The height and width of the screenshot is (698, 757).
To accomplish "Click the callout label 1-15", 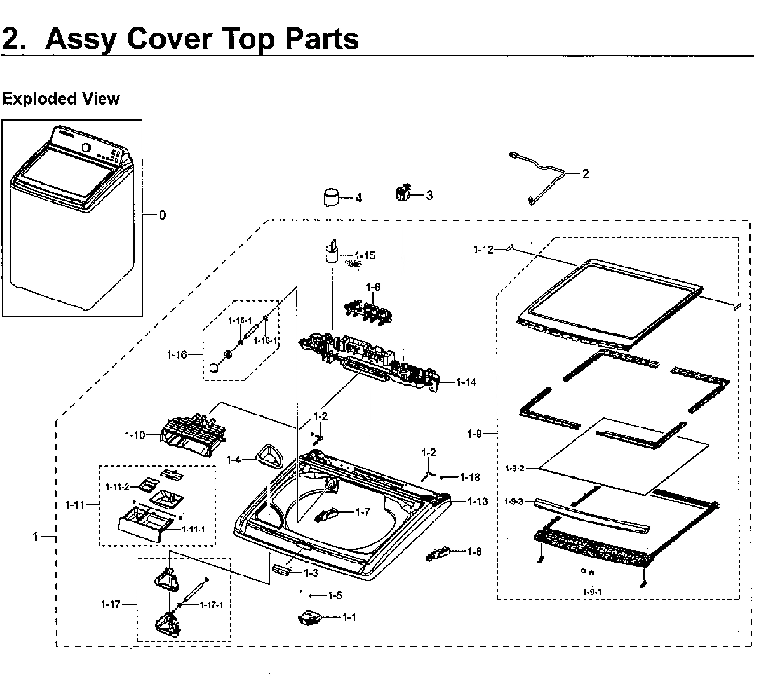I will pos(365,255).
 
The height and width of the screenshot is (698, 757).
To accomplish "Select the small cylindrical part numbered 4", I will pos(330,197).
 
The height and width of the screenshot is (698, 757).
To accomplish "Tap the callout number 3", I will pos(429,195).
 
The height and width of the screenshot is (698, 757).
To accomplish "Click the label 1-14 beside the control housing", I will pos(466,382).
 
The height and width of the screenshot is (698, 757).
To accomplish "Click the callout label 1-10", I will pos(135,435).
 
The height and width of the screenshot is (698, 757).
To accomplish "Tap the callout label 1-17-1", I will pos(211,605).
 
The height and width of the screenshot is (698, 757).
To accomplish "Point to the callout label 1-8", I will pos(474,552).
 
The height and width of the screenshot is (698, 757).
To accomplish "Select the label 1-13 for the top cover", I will pos(477,501).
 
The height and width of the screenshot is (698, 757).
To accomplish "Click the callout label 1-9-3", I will pos(514,502).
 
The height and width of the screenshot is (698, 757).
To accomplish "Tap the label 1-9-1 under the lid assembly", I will pos(592,592).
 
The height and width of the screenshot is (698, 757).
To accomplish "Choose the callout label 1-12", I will pos(483,250).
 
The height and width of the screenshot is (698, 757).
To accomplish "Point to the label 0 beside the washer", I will pos(162,215).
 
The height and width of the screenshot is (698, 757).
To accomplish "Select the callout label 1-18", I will pos(470,477).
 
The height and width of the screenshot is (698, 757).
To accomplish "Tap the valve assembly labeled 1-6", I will pos(368,309).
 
